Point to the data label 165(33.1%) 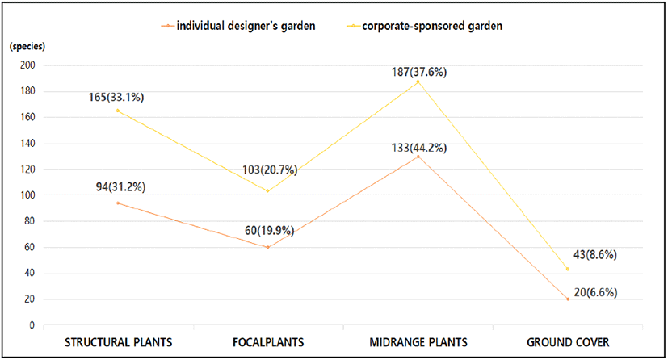coord(116,98)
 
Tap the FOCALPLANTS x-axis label coord(267,341)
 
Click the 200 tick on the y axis coord(27,65)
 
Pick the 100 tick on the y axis coord(27,195)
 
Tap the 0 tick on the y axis coord(32,325)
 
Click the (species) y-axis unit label coord(28,45)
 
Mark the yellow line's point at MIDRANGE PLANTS coord(418,82)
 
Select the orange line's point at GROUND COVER coord(568,299)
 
